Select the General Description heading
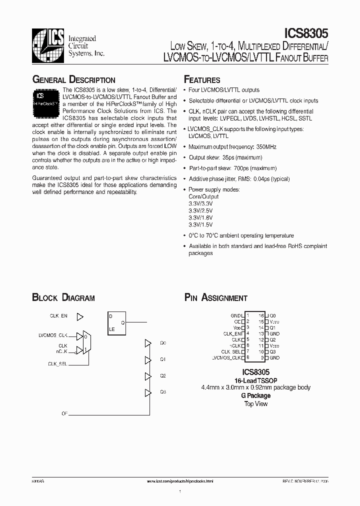[x=73, y=80]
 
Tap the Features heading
[x=202, y=80]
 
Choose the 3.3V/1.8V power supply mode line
[x=200, y=218]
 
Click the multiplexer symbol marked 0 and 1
[x=86, y=343]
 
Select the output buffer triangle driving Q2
[x=148, y=376]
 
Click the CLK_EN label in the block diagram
[x=58, y=316]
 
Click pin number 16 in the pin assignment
[x=261, y=316]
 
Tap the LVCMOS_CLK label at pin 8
[x=226, y=358]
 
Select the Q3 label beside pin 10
[x=272, y=352]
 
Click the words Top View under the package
[x=255, y=403]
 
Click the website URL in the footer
[x=181, y=481]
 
